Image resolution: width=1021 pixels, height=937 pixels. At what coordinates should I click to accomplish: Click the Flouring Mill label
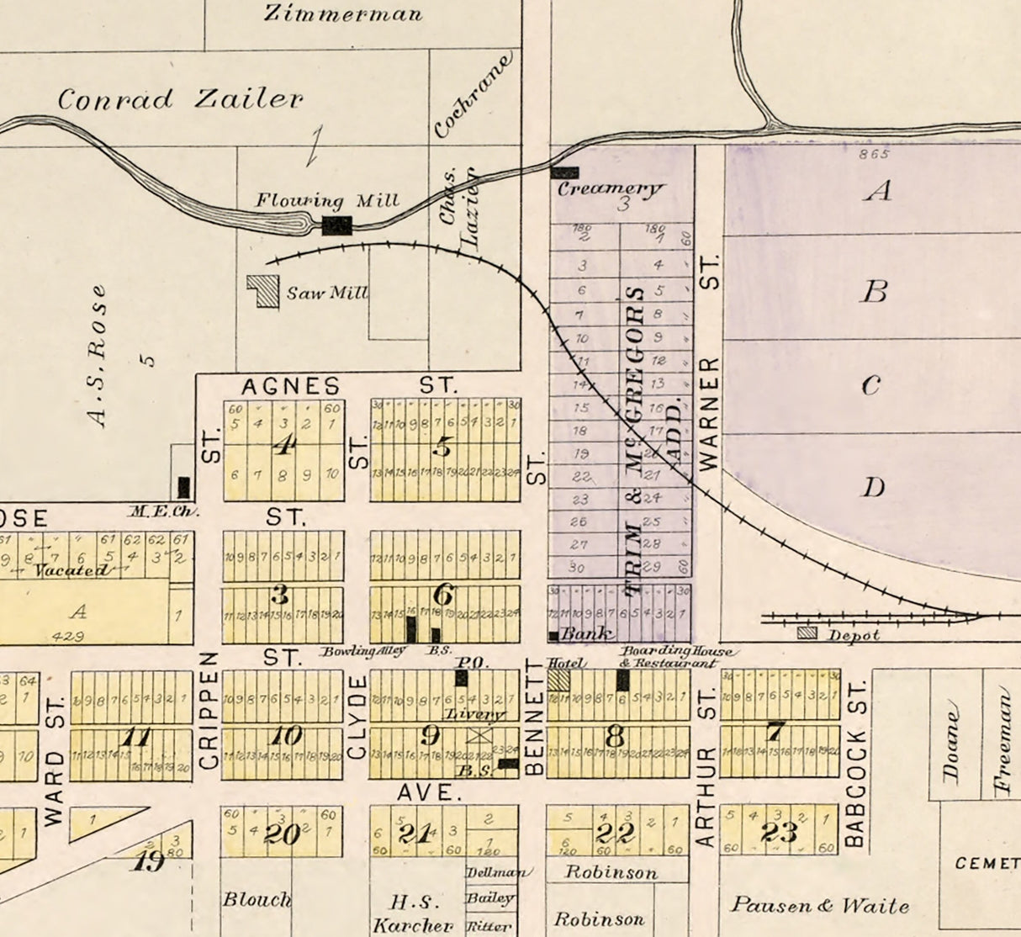pos(327,201)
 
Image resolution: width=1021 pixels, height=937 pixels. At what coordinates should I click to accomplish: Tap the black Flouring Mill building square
pos(337,225)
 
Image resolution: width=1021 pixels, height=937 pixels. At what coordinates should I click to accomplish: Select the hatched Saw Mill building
pos(264,292)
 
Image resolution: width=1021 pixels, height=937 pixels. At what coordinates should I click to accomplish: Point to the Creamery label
pos(611,188)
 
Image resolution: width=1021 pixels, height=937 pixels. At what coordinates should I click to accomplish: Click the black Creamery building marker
pos(564,172)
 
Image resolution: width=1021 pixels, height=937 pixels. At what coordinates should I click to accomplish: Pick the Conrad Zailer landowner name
pos(180,99)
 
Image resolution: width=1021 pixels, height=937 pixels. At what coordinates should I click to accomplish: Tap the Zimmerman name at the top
pos(343,13)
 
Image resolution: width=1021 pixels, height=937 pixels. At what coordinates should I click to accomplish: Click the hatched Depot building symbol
pos(807,633)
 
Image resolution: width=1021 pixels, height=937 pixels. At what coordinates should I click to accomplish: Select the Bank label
pos(587,633)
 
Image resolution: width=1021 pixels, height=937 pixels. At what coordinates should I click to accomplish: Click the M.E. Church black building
pos(183,487)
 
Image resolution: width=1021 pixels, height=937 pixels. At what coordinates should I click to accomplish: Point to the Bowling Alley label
pos(363,651)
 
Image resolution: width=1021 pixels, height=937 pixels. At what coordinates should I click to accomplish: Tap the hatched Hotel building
pos(558,680)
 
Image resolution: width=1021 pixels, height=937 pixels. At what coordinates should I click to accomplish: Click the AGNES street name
pos(291,386)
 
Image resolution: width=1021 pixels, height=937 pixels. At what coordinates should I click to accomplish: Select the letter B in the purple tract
pos(876,291)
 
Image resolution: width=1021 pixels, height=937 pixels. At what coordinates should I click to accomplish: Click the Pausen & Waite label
pos(819,906)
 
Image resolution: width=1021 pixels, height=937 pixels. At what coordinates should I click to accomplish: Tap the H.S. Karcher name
pos(412,914)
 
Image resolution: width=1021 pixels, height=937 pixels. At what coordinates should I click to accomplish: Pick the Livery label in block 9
pos(475,715)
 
